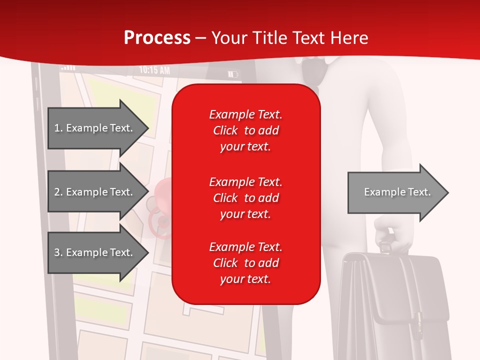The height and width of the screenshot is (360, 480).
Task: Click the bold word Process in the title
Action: pyautogui.click(x=157, y=38)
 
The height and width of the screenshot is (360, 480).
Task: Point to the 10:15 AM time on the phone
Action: pyautogui.click(x=154, y=70)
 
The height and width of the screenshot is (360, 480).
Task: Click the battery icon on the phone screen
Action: pyautogui.click(x=233, y=74)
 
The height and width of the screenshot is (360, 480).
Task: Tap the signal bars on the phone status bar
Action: pyautogui.click(x=67, y=67)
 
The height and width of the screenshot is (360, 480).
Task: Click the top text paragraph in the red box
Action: pyautogui.click(x=245, y=130)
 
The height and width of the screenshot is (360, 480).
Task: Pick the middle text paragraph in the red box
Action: pyautogui.click(x=245, y=198)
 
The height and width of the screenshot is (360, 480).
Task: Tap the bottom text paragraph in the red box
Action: pyautogui.click(x=245, y=263)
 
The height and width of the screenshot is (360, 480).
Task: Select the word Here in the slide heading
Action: pyautogui.click(x=349, y=38)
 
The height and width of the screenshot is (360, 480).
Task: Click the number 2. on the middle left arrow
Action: pyautogui.click(x=58, y=192)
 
